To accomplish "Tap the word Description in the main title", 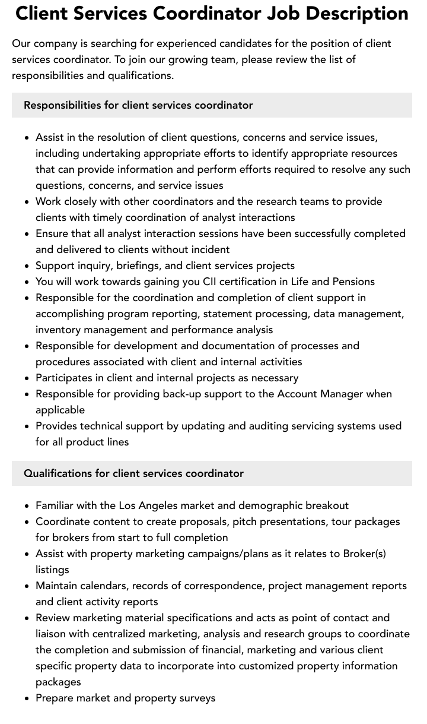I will pyautogui.click(x=361, y=13).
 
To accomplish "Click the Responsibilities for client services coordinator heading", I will pyautogui.click(x=138, y=105).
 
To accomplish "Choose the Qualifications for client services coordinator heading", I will pyautogui.click(x=133, y=473).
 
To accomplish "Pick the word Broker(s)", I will pyautogui.click(x=364, y=554).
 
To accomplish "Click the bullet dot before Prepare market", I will pyautogui.click(x=27, y=698).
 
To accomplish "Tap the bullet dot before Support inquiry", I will pyautogui.click(x=27, y=266).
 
